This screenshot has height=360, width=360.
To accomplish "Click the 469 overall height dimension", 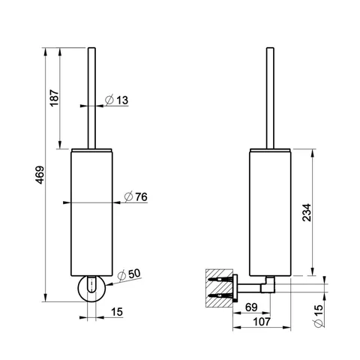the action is click(x=40, y=175).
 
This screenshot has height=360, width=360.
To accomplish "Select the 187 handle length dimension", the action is click(x=54, y=97).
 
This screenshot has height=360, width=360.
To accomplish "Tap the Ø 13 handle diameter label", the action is click(x=116, y=100).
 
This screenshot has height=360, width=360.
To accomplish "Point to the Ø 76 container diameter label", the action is click(x=136, y=196).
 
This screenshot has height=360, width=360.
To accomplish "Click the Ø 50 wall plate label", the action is click(x=129, y=274).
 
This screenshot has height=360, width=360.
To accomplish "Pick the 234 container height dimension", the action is click(x=307, y=212).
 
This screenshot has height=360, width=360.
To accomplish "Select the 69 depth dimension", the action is click(x=251, y=307).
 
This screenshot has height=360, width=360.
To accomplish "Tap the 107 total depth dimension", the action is click(x=262, y=322).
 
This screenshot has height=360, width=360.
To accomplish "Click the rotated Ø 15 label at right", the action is click(x=319, y=316).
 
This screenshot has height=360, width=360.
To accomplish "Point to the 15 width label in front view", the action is click(x=117, y=312).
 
